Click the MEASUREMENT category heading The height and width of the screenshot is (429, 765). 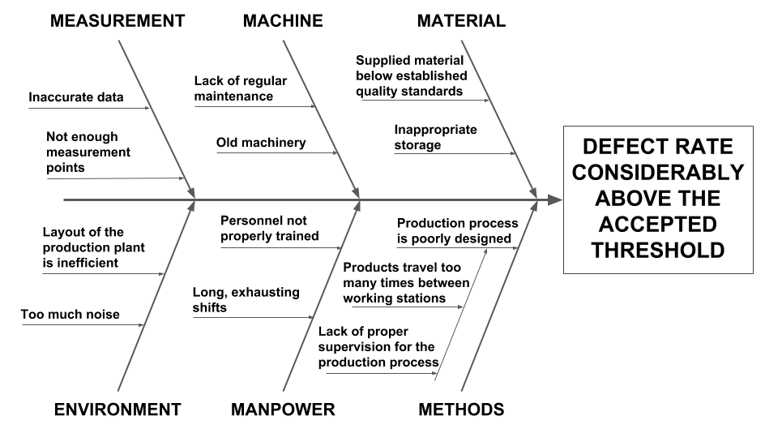click(118, 21)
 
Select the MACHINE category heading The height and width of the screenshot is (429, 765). click(283, 21)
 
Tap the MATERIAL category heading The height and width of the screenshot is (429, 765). click(461, 21)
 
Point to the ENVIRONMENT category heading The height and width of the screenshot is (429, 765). click(117, 410)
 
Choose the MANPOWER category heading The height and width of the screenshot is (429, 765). click(284, 410)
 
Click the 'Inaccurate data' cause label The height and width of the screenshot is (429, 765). click(76, 98)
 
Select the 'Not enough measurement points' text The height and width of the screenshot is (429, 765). click(88, 152)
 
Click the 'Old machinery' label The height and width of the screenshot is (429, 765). click(261, 143)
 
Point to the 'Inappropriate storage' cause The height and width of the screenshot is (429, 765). click(435, 137)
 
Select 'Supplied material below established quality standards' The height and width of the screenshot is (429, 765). click(410, 75)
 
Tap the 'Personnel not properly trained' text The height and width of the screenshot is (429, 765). click(269, 228)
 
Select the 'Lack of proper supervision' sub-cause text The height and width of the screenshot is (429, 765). click(378, 346)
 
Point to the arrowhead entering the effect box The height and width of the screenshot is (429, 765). click(554, 199)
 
